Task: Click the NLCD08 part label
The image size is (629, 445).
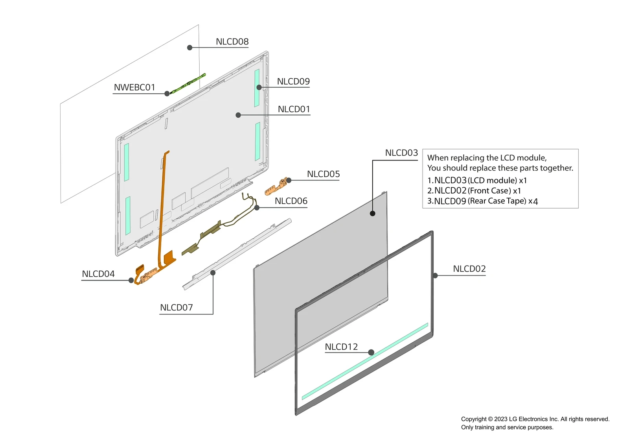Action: (x=232, y=42)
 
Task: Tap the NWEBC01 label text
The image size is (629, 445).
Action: (x=134, y=87)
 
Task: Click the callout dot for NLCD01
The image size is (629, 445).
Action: (x=238, y=115)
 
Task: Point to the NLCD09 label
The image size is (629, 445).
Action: (x=293, y=81)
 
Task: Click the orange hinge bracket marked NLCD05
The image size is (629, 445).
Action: (x=275, y=187)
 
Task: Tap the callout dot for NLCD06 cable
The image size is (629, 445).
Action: (x=257, y=207)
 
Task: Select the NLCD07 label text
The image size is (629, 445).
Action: (x=176, y=308)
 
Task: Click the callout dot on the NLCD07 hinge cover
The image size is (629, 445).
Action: (x=213, y=273)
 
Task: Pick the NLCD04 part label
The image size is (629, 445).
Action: (x=98, y=274)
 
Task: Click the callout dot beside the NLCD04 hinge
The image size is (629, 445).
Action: (x=131, y=280)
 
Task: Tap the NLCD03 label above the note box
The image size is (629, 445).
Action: (x=401, y=153)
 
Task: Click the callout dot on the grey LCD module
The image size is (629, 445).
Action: (x=373, y=213)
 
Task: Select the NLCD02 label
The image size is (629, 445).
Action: (x=469, y=269)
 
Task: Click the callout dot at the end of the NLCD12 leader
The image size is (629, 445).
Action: (x=371, y=353)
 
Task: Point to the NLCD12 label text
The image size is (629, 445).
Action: (x=341, y=347)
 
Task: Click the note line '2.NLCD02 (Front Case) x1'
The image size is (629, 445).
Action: (x=474, y=191)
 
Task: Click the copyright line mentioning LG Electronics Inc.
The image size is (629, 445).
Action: (x=535, y=419)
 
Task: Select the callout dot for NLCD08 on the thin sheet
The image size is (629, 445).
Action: (x=190, y=48)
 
